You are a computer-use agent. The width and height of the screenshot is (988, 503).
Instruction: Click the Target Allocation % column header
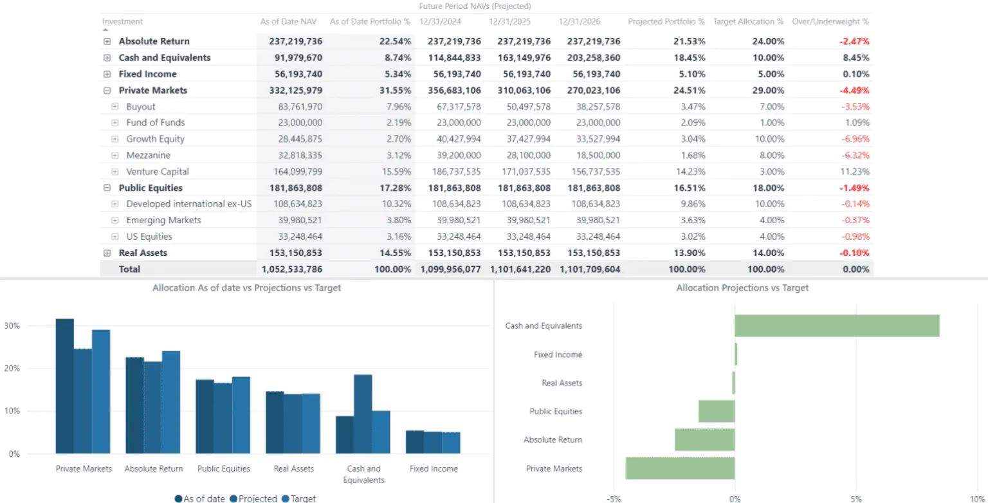pyautogui.click(x=748, y=22)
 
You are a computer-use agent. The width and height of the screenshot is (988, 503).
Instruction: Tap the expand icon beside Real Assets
pyautogui.click(x=107, y=253)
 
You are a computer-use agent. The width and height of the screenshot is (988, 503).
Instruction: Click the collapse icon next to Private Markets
pyautogui.click(x=107, y=91)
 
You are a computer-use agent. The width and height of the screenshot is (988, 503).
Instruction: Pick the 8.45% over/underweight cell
pyautogui.click(x=855, y=58)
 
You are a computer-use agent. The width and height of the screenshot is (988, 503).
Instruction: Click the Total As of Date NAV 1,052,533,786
pyautogui.click(x=291, y=270)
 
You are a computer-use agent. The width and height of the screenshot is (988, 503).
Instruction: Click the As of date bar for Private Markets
pyautogui.click(x=65, y=386)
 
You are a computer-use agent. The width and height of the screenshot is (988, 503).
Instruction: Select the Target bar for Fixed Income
pyautogui.click(x=451, y=443)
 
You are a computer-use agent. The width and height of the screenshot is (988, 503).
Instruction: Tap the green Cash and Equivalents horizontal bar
pyautogui.click(x=837, y=326)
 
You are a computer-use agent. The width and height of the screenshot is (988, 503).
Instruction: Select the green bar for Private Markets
pyautogui.click(x=680, y=468)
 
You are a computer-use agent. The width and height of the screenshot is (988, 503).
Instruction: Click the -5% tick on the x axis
pyautogui.click(x=614, y=498)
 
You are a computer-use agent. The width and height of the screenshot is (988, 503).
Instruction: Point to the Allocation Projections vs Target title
pyautogui.click(x=742, y=288)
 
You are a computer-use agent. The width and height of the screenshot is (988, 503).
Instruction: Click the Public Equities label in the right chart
pyautogui.click(x=556, y=412)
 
